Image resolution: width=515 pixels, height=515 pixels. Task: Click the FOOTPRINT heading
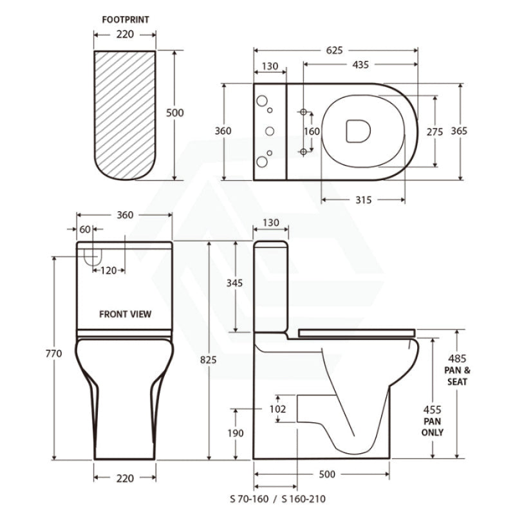[x=126, y=20]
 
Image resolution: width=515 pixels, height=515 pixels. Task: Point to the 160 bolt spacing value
[x=312, y=131]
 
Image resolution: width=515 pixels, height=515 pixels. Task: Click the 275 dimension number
[x=435, y=131]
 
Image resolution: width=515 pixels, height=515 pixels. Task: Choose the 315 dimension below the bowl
[x=363, y=200]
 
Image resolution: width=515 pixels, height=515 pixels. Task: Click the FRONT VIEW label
[x=126, y=314]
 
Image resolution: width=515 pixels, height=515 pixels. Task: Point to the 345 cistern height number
[x=236, y=283]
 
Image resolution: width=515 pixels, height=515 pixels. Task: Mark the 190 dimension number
[x=236, y=433]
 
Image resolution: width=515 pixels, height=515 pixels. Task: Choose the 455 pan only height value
[x=432, y=409]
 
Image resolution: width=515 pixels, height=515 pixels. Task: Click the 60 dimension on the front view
[x=85, y=229]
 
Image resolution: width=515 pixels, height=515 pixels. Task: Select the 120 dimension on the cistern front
[x=109, y=271]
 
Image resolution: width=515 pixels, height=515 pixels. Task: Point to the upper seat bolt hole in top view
[x=303, y=111]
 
